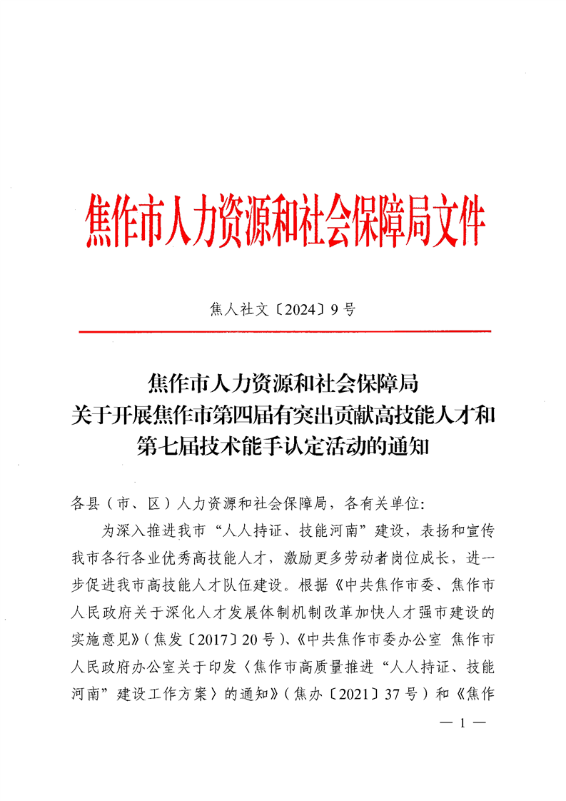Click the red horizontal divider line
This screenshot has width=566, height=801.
tap(284, 332)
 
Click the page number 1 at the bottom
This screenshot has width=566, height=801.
tap(463, 723)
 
